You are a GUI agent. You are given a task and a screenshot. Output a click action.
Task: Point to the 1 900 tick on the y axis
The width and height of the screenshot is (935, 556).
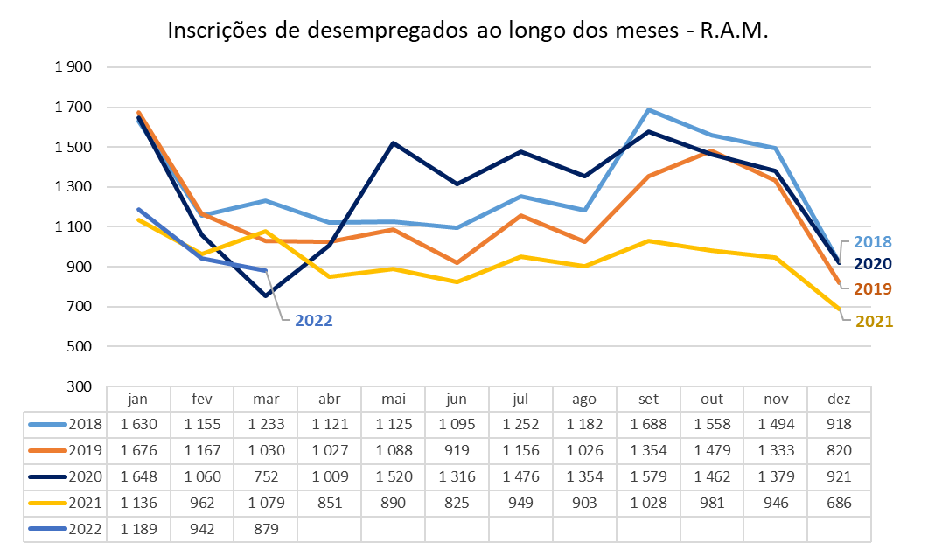[x=73, y=67]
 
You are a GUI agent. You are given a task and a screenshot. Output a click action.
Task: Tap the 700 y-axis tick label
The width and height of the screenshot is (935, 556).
[x=80, y=306]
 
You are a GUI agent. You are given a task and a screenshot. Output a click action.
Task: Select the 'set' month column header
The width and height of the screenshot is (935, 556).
[x=648, y=399]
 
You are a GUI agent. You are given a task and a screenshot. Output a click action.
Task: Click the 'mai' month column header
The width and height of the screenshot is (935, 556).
[x=394, y=399]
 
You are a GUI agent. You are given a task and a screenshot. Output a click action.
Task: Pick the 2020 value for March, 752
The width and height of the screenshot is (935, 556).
[x=266, y=476]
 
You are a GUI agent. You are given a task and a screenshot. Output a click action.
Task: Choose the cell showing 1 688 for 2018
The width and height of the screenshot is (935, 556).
[x=648, y=424]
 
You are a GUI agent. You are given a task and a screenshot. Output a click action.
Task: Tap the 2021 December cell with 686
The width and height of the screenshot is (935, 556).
[x=840, y=503]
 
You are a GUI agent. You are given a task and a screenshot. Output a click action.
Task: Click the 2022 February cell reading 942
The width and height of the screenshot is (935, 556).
[x=202, y=529]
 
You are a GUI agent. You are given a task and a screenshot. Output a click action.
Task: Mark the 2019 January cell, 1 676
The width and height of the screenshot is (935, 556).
[x=138, y=450]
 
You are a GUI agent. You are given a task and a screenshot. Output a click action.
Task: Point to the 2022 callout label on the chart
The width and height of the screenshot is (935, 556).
[x=313, y=321]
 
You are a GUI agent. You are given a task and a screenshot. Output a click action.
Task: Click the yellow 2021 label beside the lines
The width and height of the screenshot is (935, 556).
[x=874, y=321]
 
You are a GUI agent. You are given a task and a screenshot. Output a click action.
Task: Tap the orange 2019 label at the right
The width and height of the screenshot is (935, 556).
[x=874, y=288]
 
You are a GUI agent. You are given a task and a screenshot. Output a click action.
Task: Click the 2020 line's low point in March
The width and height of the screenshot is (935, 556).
[x=266, y=295]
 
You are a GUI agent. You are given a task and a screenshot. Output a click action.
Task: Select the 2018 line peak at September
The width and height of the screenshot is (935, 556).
[x=648, y=109]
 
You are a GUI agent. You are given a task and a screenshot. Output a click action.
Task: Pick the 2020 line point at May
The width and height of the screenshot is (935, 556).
[x=394, y=142]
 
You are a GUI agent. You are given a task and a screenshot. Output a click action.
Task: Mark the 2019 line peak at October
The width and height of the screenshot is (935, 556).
[x=712, y=151]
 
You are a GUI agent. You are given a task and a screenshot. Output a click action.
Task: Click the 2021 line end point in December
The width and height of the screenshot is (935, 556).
[x=840, y=309]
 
